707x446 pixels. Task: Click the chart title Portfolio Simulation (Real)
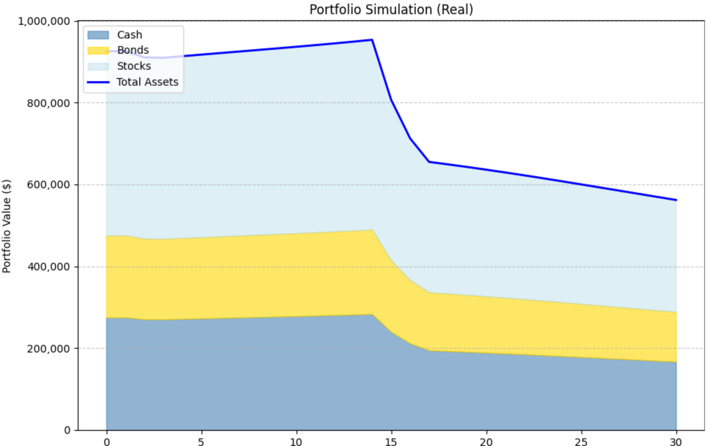391,9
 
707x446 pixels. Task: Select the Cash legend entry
129,35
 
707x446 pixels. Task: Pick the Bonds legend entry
133,50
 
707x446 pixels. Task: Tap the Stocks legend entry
134,66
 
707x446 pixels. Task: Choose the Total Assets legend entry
147,82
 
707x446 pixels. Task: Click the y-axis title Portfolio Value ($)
7,226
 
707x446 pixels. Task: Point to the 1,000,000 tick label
44,21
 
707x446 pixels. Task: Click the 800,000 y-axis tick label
49,103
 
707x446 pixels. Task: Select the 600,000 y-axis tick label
49,185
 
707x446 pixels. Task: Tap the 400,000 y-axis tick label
49,267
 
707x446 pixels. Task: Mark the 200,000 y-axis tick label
49,349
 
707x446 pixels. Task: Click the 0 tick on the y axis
67,430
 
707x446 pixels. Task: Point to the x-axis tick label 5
201,442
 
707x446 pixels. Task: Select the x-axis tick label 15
391,442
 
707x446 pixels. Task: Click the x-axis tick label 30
676,442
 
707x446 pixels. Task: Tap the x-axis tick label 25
581,442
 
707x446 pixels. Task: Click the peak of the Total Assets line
372,40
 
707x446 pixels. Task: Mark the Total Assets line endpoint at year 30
676,200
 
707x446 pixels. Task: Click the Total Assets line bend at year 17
429,162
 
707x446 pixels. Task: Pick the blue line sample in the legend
98,82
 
